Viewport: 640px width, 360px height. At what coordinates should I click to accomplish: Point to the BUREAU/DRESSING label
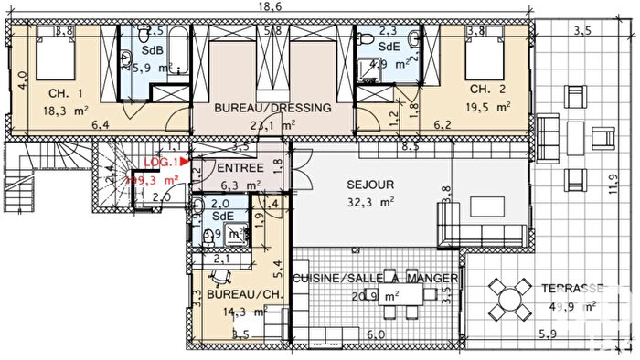pos(272,108)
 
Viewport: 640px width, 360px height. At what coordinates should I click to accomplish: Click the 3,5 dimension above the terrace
pos(581,31)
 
